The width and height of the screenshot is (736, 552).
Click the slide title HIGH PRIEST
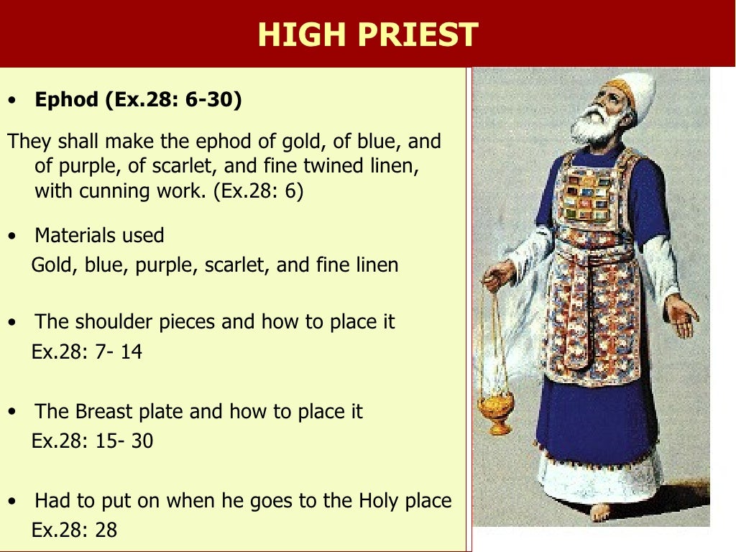coord(367,34)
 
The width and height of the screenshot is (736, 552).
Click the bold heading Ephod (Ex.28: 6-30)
coord(139,99)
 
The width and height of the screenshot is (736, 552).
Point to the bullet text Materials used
coord(99,235)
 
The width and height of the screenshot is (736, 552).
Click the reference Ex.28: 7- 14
coord(86,352)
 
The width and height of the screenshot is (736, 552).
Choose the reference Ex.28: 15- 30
coord(92,441)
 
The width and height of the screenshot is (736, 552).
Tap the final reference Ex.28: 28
coord(74,530)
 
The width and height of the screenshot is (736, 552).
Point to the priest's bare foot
coord(600,512)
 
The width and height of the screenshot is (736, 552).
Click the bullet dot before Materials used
coord(11,236)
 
